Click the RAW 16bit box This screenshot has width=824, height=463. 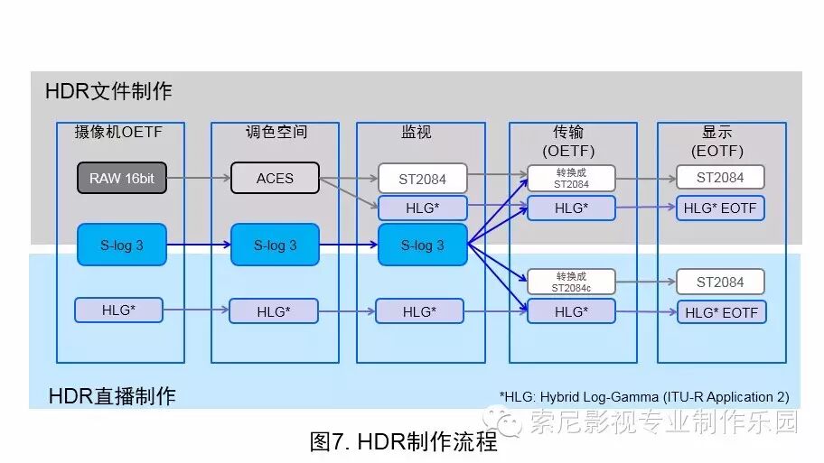122,178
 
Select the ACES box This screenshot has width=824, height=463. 275,178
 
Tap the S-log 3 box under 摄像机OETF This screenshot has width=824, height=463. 122,245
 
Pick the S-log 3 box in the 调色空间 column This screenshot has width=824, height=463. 275,245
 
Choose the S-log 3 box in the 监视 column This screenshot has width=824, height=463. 422,245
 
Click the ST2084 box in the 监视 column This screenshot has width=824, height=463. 422,178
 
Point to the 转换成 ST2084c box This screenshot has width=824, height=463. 570,282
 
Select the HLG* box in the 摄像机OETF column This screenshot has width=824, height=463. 118,310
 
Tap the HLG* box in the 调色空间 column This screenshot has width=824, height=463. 274,311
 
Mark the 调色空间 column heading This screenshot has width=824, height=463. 276,132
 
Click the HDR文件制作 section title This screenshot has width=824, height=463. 108,91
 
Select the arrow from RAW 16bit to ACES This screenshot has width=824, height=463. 199,178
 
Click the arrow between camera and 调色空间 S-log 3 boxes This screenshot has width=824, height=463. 199,245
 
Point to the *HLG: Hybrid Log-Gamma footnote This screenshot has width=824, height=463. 643,396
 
